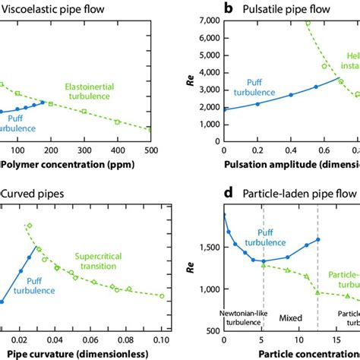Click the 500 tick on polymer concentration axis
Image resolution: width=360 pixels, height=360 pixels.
[x=150, y=151]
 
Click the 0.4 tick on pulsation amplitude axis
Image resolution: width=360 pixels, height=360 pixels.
[x=291, y=151]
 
